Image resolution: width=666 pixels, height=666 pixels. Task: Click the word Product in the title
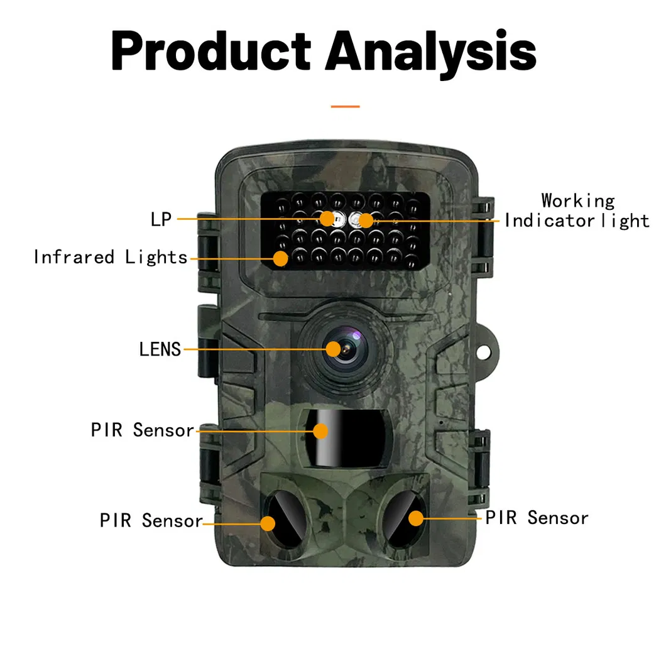pyautogui.click(x=210, y=52)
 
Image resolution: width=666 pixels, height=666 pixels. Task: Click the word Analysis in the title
pyautogui.click(x=434, y=52)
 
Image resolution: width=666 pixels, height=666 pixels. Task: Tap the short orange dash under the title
pyautogui.click(x=345, y=106)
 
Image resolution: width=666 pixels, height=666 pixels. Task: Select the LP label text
pyautogui.click(x=161, y=219)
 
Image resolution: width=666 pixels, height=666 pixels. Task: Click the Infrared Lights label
pyautogui.click(x=111, y=257)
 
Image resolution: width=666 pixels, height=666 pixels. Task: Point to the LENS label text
pyautogui.click(x=160, y=349)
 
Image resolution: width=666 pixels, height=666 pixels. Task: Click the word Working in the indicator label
pyautogui.click(x=578, y=200)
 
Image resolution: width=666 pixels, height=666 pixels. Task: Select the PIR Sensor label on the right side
pyautogui.click(x=537, y=518)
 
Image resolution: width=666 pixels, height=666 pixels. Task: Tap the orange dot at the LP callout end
pyautogui.click(x=327, y=219)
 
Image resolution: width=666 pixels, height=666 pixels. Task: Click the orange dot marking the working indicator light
pyautogui.click(x=365, y=220)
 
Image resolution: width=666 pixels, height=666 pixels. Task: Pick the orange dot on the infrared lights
pyautogui.click(x=281, y=257)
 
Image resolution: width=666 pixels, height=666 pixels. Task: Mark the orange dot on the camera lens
pyautogui.click(x=332, y=349)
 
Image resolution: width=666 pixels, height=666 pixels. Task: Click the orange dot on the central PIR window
pyautogui.click(x=321, y=431)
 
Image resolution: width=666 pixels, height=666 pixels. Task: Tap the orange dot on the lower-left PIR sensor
pyautogui.click(x=268, y=523)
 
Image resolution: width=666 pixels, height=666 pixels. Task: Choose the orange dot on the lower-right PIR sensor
pyautogui.click(x=416, y=518)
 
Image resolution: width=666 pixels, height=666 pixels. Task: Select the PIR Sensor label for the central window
pyautogui.click(x=143, y=430)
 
